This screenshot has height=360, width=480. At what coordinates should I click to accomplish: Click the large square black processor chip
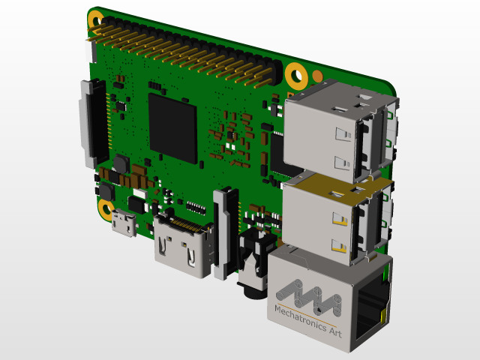[172, 127]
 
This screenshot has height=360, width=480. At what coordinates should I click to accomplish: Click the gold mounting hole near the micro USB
[106, 210]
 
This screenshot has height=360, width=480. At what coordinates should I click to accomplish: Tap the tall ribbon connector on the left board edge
[90, 124]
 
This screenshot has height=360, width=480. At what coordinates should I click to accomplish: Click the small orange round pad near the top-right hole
[317, 75]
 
